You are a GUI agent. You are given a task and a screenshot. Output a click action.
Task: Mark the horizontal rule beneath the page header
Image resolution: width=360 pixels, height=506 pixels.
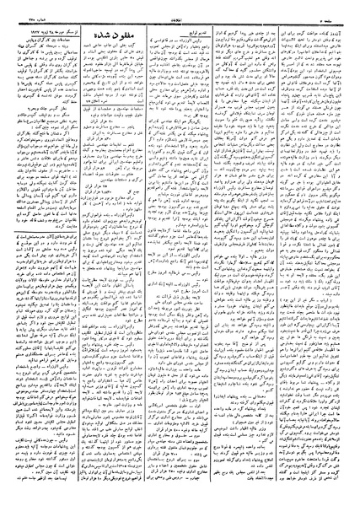coord(180,19)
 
